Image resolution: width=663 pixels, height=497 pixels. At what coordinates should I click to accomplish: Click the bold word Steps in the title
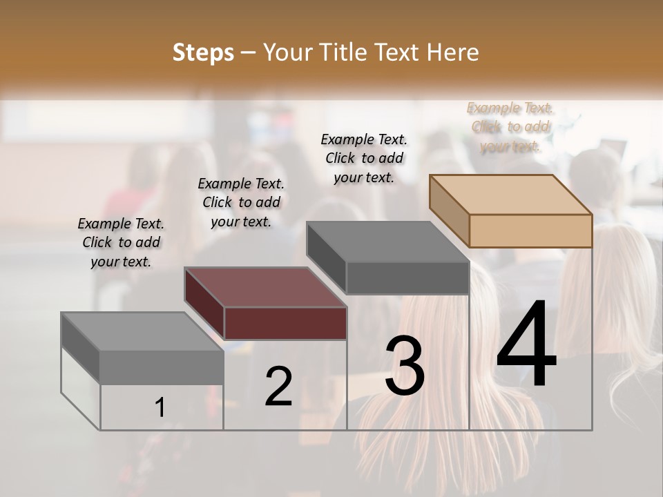click(x=203, y=52)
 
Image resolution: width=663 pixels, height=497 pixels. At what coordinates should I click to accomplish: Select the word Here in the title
click(x=454, y=52)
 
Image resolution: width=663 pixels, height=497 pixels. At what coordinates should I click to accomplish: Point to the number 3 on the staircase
click(x=404, y=366)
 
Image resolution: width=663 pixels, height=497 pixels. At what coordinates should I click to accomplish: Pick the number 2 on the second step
click(x=278, y=387)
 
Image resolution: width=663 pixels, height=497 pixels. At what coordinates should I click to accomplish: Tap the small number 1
click(x=160, y=408)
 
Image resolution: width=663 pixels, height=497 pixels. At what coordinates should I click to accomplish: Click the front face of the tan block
click(x=530, y=231)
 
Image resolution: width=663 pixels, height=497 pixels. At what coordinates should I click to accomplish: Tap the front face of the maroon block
click(x=285, y=323)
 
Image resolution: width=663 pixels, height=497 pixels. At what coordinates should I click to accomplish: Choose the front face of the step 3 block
click(x=407, y=278)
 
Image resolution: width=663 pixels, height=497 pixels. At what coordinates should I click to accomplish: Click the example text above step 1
click(x=121, y=243)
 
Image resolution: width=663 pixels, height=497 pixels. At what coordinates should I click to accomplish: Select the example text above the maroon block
click(x=241, y=203)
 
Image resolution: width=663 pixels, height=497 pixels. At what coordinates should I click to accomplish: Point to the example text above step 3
click(x=364, y=159)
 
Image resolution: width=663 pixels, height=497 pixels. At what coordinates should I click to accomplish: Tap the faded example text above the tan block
click(x=510, y=127)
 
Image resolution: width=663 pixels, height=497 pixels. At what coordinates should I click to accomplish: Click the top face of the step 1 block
click(x=142, y=331)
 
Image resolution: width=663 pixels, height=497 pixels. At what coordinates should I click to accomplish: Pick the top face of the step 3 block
click(x=388, y=242)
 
